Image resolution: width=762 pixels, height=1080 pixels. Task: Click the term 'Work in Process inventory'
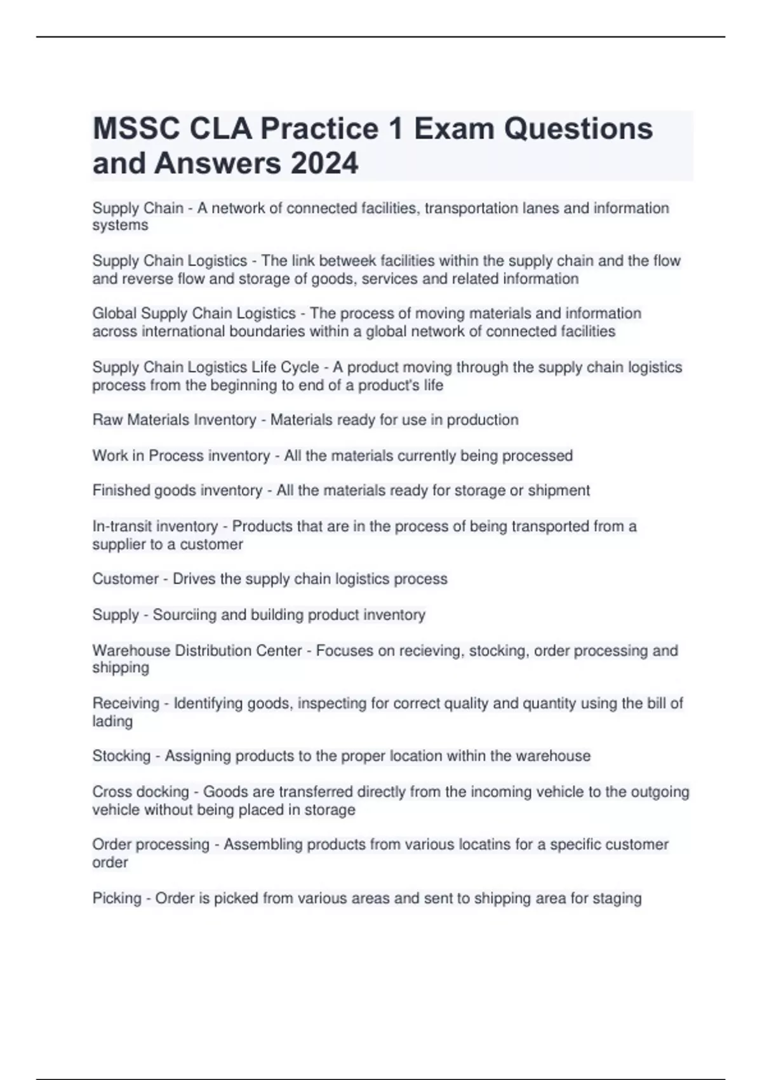181,456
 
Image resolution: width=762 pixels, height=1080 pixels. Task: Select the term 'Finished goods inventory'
177,490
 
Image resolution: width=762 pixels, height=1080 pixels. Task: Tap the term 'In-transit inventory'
155,526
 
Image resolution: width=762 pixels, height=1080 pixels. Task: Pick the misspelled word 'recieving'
431,651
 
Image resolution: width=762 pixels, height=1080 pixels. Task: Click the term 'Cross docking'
140,792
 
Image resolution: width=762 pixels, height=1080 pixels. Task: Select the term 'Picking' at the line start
117,898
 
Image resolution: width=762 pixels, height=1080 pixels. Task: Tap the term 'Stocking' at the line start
121,756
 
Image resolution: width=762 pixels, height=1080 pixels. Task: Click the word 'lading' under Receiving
112,722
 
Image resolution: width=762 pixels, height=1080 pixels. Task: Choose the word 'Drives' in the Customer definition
194,579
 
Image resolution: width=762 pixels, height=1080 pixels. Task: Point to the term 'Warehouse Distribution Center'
197,651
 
